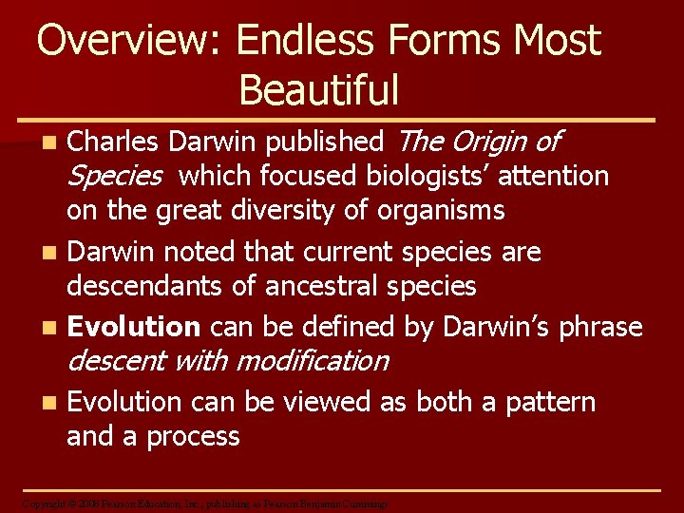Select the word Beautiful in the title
(x=319, y=90)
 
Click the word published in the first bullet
(x=324, y=142)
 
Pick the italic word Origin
(x=489, y=142)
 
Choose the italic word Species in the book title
(x=114, y=176)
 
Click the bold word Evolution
(x=134, y=327)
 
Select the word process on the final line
(x=193, y=436)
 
